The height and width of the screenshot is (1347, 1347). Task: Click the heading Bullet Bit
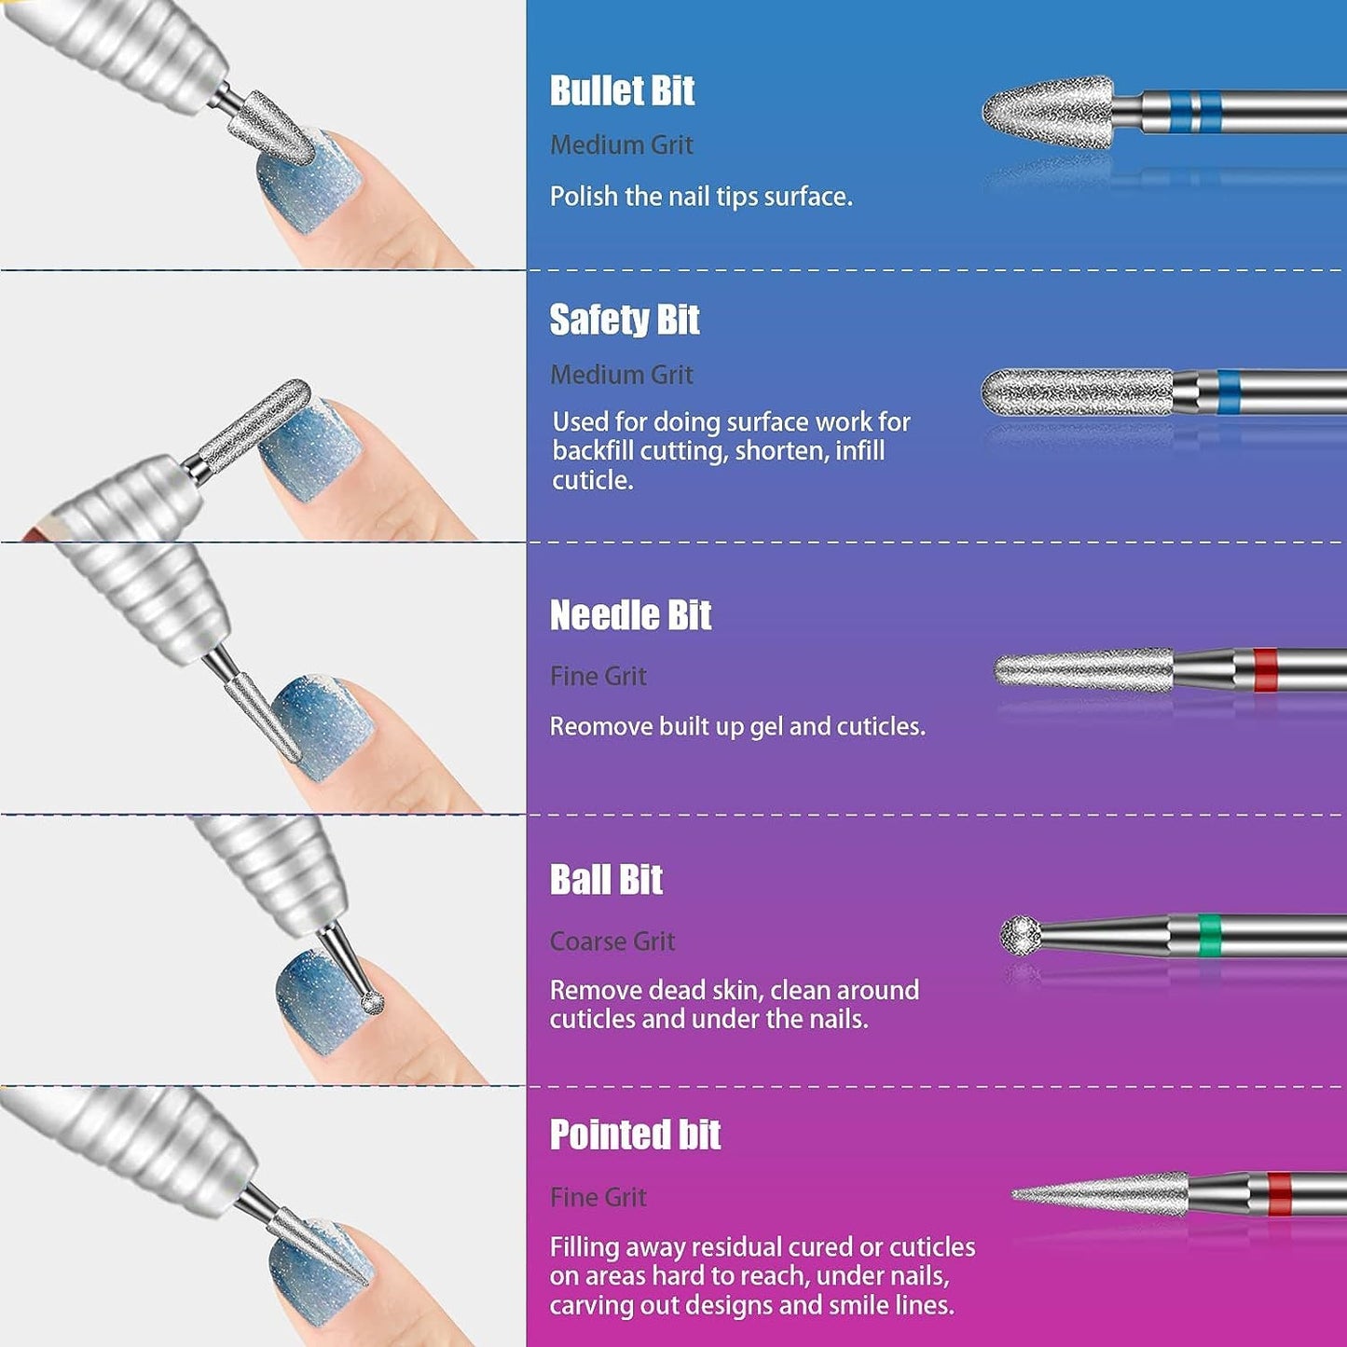622,90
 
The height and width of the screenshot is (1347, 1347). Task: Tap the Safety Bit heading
625,320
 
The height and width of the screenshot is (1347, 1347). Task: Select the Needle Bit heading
630,615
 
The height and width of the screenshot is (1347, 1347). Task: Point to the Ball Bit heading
606,879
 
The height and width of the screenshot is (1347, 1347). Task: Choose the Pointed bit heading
635,1134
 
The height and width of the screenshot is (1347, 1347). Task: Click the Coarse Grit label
612,942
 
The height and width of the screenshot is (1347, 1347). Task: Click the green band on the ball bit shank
1209,935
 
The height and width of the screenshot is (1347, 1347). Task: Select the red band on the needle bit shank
1265,670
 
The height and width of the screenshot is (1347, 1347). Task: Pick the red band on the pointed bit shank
1280,1194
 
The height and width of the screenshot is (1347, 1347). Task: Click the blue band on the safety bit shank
1229,392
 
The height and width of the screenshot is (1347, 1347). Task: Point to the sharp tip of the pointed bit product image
1012,1195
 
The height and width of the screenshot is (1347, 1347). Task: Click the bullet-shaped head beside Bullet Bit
1047,112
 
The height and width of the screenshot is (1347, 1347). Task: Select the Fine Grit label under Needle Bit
598,676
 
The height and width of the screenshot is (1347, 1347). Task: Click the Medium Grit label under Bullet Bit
622,145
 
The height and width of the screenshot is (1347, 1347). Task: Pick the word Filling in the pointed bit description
584,1248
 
